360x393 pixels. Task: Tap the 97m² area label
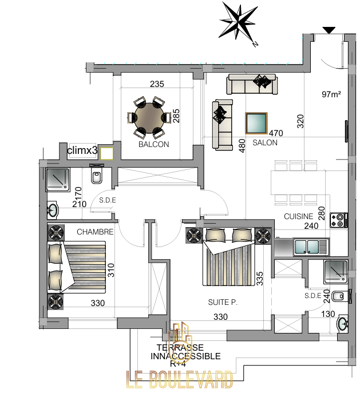click(x=331, y=94)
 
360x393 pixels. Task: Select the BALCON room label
click(x=154, y=144)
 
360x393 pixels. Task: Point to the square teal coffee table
click(x=256, y=124)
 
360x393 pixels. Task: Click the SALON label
click(x=265, y=142)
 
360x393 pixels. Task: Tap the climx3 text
click(x=82, y=150)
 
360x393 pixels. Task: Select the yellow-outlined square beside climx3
click(x=107, y=153)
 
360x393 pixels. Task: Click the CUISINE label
click(x=299, y=216)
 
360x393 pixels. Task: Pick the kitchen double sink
click(x=311, y=247)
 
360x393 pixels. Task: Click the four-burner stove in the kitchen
click(x=339, y=220)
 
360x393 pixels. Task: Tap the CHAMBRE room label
click(x=95, y=232)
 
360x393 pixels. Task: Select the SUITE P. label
click(x=223, y=302)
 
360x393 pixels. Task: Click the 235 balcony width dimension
click(x=157, y=84)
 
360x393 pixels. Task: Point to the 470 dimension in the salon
click(x=276, y=133)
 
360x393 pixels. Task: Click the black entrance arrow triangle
click(x=329, y=30)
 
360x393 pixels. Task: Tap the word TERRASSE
click(x=180, y=348)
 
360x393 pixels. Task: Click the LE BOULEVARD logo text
click(x=180, y=379)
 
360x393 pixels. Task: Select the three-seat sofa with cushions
click(x=252, y=84)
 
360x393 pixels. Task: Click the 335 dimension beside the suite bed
click(x=260, y=279)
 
